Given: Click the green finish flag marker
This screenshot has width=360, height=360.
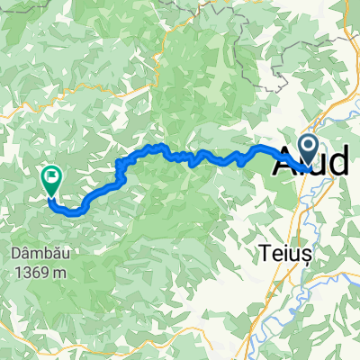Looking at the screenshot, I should click(x=50, y=179).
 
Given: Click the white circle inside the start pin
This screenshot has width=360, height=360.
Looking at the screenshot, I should click(x=307, y=144).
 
